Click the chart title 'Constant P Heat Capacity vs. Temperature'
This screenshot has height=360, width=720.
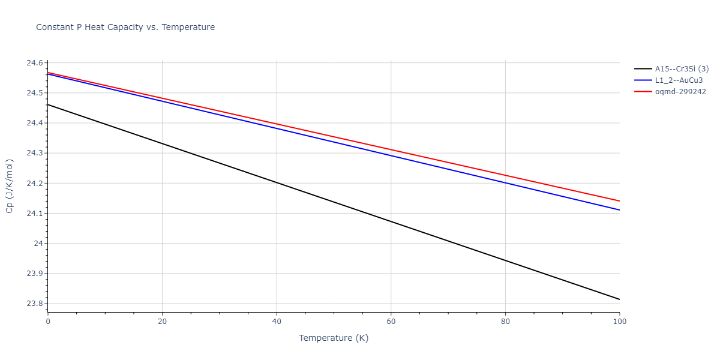pos(125,27)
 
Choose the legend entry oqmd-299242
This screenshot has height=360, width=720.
pos(680,92)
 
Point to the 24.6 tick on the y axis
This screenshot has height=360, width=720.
pos(34,63)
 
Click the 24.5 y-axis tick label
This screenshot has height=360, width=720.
pos(34,93)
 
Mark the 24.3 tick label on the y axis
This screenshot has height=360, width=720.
pos(34,153)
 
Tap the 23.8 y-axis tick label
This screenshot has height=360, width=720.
pos(34,304)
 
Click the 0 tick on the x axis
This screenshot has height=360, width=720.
pos(48,322)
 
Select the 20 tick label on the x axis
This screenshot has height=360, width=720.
pos(162,322)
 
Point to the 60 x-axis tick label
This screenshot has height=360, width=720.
pos(391,322)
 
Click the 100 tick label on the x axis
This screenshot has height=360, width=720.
pos(619,322)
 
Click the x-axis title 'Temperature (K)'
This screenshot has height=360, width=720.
pos(334,338)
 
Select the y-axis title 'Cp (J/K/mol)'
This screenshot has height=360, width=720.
pos(10,186)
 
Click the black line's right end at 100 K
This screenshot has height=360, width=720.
pos(619,299)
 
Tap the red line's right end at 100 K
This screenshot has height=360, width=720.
pos(619,201)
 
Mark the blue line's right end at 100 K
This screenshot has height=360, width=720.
pos(619,210)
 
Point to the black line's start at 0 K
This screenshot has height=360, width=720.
pos(48,104)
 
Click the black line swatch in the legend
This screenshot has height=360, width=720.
pos(643,69)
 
